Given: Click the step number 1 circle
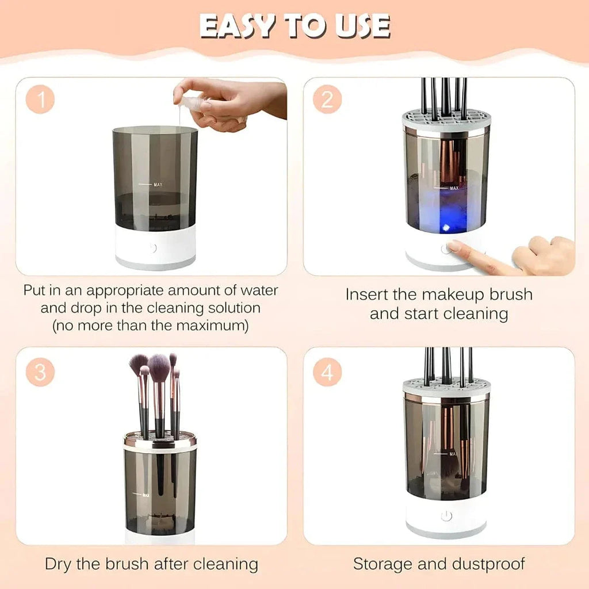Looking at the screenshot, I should point(40,100).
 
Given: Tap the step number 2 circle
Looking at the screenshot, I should point(327,100).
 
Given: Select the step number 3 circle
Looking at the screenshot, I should point(40,373).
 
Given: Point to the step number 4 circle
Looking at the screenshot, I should point(327,373).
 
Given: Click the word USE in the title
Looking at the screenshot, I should point(363,26).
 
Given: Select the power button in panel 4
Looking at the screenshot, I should point(446,516).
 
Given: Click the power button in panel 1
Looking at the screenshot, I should point(152,248).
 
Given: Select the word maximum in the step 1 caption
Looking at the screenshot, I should point(211,326).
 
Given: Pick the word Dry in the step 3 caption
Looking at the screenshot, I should point(59,564).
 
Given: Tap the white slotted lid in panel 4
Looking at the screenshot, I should point(446,387).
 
